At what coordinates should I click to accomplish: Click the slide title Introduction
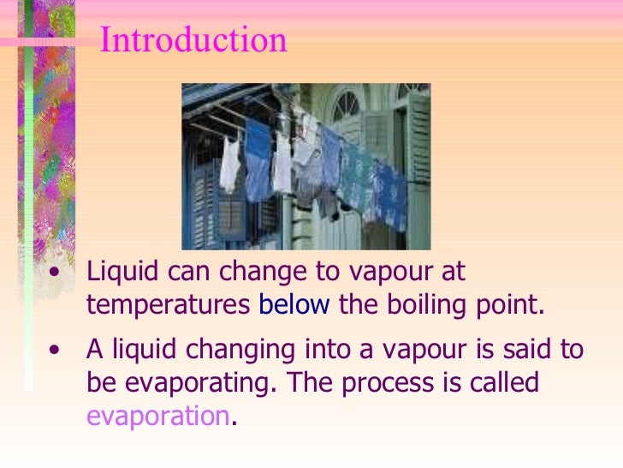(x=193, y=40)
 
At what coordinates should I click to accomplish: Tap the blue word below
(x=294, y=306)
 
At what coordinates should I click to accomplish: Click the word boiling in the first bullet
(x=415, y=306)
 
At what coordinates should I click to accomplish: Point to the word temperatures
(x=169, y=306)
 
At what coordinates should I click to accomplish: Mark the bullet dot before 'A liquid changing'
(x=56, y=351)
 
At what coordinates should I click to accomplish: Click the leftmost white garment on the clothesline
(x=229, y=165)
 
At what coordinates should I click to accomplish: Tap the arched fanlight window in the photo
(x=347, y=105)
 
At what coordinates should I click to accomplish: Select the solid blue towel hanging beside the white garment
(x=257, y=159)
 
